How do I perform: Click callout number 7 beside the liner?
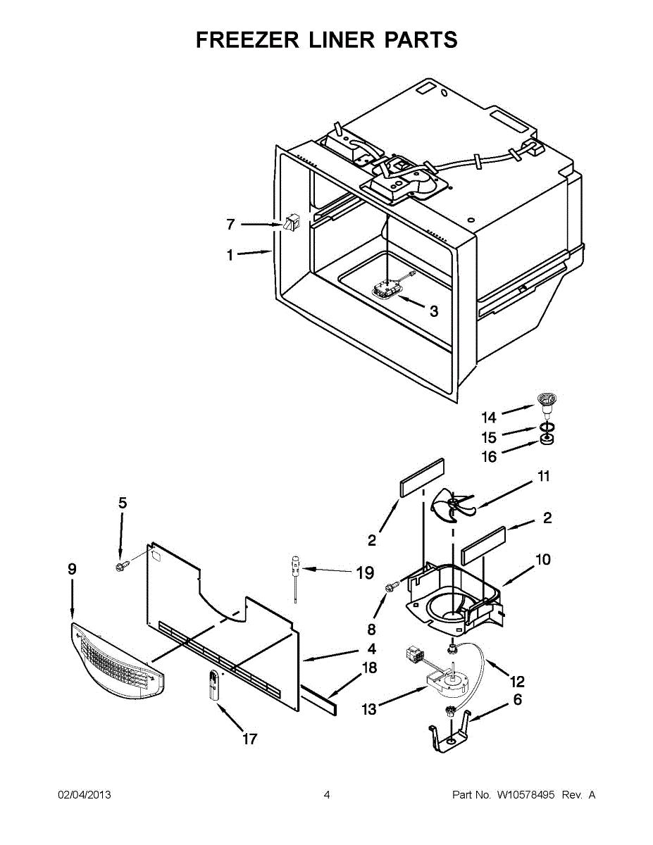click(230, 225)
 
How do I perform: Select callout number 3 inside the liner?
click(433, 311)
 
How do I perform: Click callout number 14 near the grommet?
click(489, 417)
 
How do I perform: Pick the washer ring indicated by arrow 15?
click(546, 428)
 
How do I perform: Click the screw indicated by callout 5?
click(120, 565)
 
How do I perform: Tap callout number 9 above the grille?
click(72, 569)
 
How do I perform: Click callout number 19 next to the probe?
click(364, 573)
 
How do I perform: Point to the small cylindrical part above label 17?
click(213, 685)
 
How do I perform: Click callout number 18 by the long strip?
click(368, 668)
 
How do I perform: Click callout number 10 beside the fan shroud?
click(542, 560)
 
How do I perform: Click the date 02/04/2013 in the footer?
click(84, 795)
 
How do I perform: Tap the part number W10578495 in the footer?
click(525, 795)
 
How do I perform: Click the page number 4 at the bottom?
click(326, 795)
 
